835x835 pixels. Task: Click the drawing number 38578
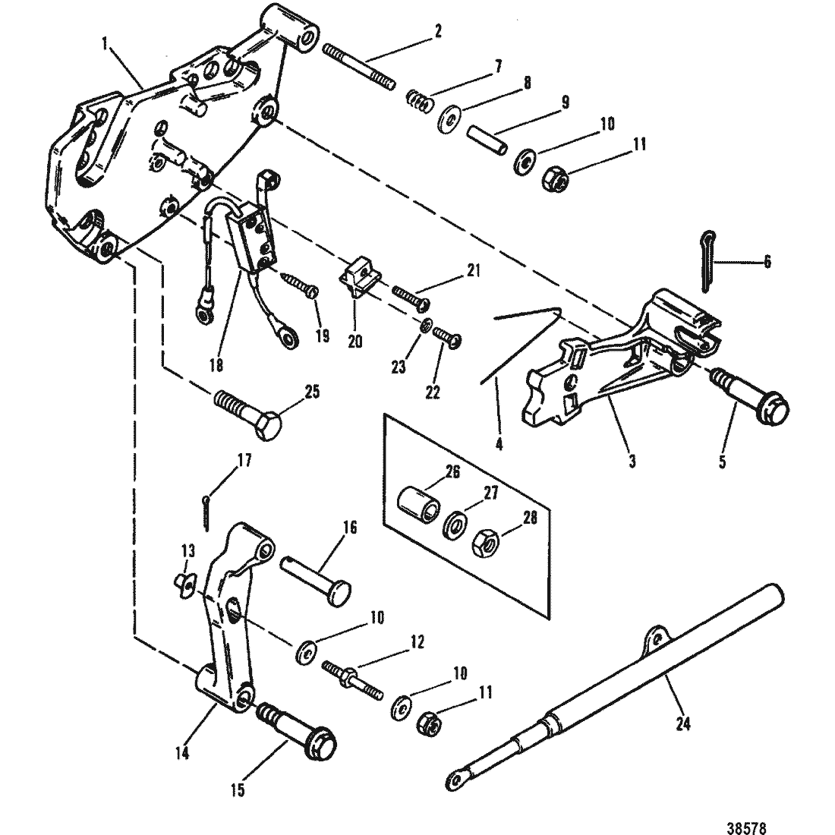tap(746, 827)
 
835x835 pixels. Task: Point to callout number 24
tap(683, 723)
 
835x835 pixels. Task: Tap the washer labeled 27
tap(454, 525)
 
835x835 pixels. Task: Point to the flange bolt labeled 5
tap(750, 393)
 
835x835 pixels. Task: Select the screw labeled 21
tap(411, 296)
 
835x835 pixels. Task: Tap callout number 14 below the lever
tap(182, 754)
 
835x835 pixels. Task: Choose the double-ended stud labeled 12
tap(352, 680)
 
